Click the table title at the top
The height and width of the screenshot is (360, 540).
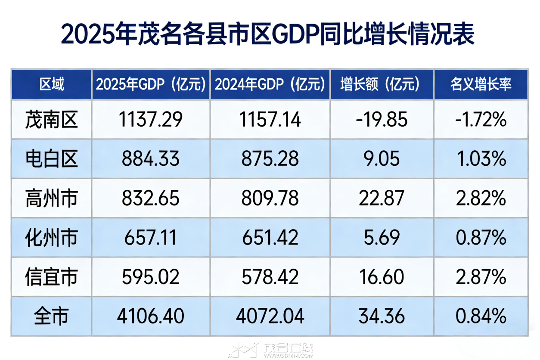267,34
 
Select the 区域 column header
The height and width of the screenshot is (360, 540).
52,84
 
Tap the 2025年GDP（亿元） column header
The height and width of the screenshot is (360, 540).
151,84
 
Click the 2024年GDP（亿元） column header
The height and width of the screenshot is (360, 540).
270,84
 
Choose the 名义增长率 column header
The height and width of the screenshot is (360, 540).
481,84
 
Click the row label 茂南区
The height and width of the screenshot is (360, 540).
52,119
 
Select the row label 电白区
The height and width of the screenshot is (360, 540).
52,159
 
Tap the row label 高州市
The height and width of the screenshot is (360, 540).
52,199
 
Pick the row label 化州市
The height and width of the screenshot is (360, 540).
52,238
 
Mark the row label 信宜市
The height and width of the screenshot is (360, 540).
52,277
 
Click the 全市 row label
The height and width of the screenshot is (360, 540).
52,317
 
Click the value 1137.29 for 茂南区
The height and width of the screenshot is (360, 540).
151,119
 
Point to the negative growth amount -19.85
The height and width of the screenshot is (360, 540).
382,119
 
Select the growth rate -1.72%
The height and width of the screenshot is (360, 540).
481,119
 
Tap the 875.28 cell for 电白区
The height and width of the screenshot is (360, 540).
270,159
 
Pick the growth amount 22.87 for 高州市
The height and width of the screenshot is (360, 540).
382,199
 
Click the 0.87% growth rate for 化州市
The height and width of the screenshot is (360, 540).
481,238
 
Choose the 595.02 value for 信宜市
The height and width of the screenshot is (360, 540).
151,277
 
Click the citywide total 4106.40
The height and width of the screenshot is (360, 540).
151,317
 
